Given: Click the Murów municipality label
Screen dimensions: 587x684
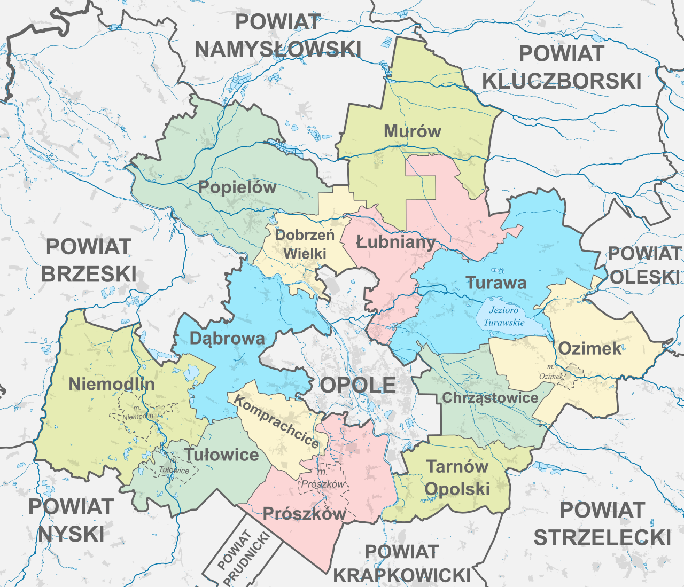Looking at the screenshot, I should tap(413, 131).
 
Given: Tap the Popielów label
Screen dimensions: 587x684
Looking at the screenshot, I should tap(237, 187).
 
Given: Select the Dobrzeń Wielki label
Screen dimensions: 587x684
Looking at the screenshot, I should tap(305, 244).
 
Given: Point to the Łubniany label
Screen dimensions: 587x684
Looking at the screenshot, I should tap(396, 242).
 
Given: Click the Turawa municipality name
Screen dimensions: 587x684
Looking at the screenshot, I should tap(496, 283).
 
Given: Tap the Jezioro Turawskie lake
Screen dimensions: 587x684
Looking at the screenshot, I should tap(504, 317).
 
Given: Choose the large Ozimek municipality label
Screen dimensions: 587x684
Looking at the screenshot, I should tap(590, 348).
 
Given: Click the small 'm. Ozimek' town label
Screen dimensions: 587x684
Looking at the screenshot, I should tap(551, 372).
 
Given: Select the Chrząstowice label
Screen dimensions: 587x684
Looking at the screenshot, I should tap(490, 397).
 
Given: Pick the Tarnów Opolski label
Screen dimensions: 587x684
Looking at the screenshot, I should tap(457, 478).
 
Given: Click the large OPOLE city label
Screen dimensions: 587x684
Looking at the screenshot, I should tap(358, 385).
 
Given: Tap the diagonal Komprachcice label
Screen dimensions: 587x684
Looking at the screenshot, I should tap(277, 422).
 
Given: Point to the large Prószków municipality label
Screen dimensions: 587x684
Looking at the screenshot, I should tap(304, 514).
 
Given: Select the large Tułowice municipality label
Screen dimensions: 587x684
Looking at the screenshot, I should tap(221, 455).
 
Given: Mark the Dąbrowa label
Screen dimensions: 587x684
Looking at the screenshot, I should tap(227, 338).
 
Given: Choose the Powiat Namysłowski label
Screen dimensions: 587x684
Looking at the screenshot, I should tap(278, 36).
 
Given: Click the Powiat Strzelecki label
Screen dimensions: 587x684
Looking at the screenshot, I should tap(602, 524).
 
